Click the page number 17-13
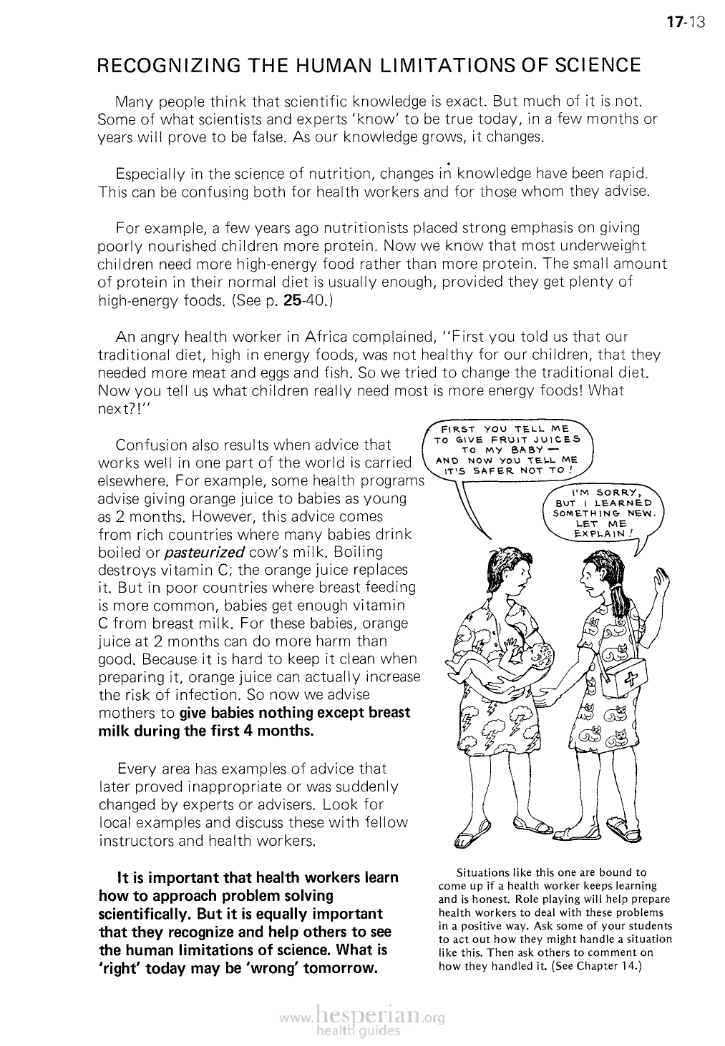[x=685, y=22]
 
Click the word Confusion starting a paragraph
[x=152, y=445]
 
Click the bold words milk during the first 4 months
[x=205, y=731]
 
